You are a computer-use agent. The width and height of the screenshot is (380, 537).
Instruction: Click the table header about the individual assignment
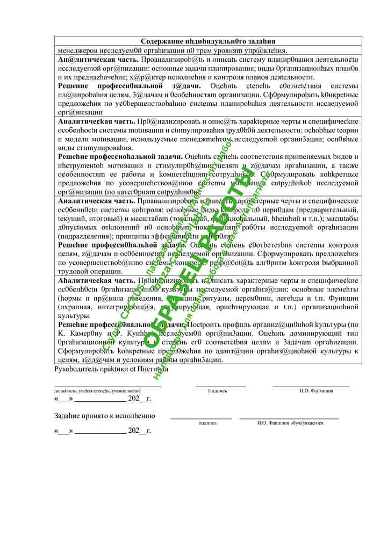point(208,41)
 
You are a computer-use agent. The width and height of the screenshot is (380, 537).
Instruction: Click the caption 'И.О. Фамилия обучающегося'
point(290,423)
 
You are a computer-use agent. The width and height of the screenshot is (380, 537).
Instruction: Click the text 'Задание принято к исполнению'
point(105,416)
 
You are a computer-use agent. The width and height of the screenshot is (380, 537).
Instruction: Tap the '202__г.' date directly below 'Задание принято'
point(140,430)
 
